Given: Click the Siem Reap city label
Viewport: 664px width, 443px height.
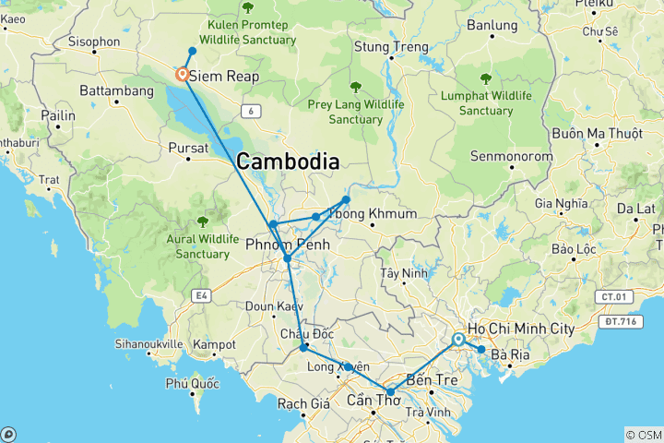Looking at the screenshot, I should coord(224,78).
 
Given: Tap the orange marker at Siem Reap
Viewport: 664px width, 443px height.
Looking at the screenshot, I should coord(183,75).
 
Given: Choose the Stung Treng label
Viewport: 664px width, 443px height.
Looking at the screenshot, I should coord(392,47).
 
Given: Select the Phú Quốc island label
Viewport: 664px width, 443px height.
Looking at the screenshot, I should coord(191,382).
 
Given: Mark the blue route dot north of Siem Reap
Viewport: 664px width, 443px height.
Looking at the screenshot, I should coord(192,51).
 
